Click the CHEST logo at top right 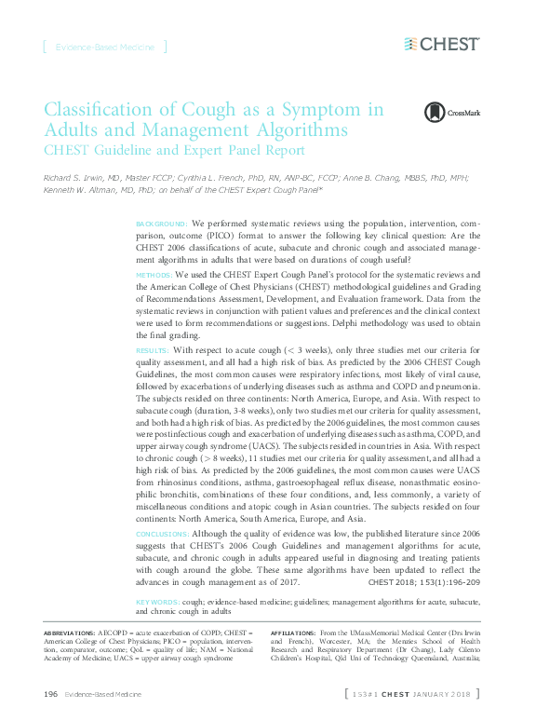click(442, 44)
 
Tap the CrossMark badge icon click(435, 113)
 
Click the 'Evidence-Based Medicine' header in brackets click(103, 46)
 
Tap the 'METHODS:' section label click(154, 276)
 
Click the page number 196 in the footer click(51, 695)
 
